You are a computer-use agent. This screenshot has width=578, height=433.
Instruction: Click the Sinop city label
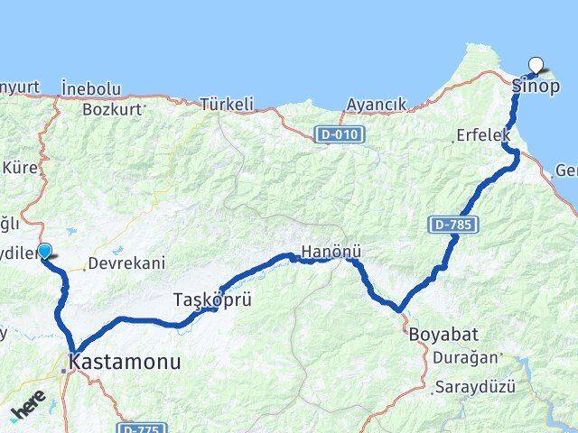536,87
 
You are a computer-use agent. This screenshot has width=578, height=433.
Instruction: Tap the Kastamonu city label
127,363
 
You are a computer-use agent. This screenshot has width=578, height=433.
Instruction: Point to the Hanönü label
325,253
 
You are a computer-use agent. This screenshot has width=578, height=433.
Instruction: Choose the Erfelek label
482,137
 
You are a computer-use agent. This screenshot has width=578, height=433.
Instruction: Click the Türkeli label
227,105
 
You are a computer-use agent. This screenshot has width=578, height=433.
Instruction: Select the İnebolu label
91,88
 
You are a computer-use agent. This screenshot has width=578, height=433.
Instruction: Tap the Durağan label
465,357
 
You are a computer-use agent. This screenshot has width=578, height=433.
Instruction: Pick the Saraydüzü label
474,387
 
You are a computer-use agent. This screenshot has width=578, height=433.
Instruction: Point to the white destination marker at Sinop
537,65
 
